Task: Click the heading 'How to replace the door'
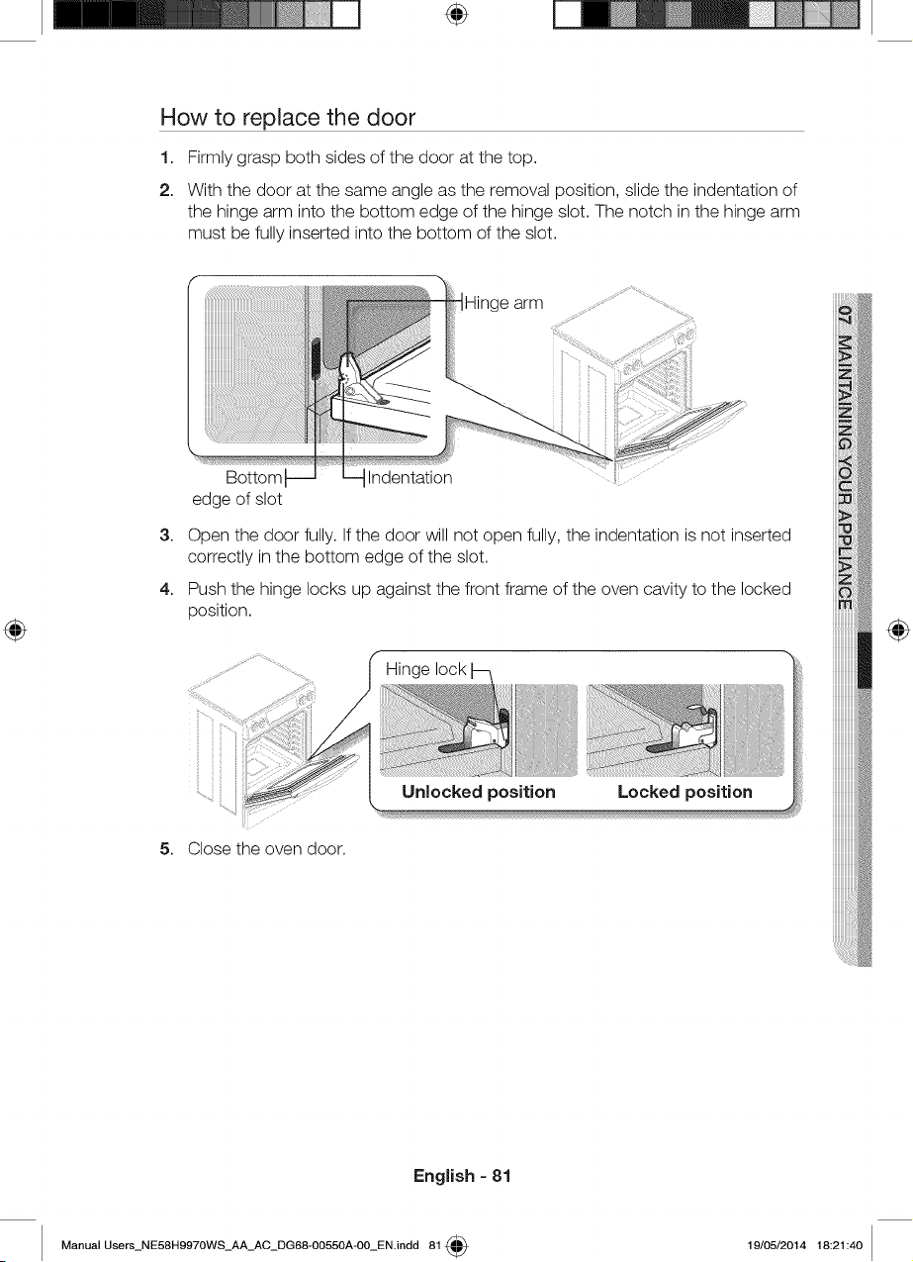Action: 288,117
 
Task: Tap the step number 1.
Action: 165,157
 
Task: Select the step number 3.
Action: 165,535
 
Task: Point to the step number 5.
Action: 165,848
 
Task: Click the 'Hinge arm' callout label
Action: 503,303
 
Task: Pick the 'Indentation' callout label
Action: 410,478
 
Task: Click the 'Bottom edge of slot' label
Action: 237,488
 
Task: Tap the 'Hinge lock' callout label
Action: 425,669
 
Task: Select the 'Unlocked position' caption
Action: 479,792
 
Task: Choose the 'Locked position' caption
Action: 685,792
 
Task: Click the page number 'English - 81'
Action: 462,1176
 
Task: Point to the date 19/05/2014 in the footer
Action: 776,1245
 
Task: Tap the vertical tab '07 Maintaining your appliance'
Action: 846,457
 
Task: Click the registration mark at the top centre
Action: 457,15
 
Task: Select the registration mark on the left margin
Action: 15,630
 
